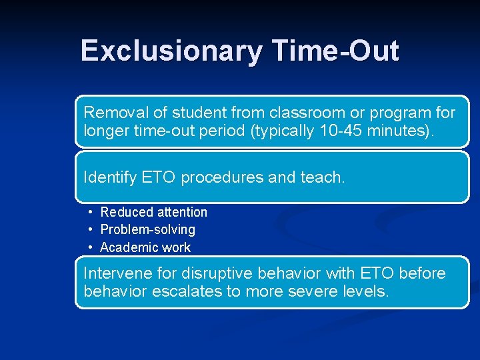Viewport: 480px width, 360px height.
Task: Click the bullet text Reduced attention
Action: pyautogui.click(x=153, y=212)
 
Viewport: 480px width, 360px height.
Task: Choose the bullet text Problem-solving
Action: pyautogui.click(x=147, y=229)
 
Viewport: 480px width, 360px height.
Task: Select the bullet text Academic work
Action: pyautogui.click(x=145, y=247)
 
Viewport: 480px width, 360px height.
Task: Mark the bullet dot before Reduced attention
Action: pyautogui.click(x=89, y=212)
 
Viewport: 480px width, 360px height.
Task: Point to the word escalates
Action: pyautogui.click(x=193, y=291)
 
